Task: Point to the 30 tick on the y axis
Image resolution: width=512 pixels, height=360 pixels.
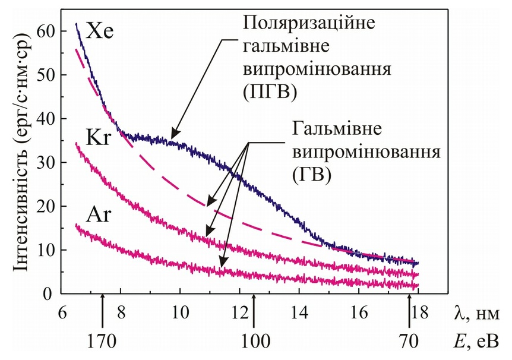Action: pyautogui.click(x=46, y=162)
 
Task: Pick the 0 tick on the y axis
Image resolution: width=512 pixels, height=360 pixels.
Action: pyautogui.click(x=51, y=293)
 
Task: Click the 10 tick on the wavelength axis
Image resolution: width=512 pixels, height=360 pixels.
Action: pyautogui.click(x=179, y=312)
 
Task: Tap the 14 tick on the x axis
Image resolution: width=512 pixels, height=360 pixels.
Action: pyautogui.click(x=299, y=312)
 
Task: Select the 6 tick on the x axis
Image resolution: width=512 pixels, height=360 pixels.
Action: pyautogui.click(x=61, y=312)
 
